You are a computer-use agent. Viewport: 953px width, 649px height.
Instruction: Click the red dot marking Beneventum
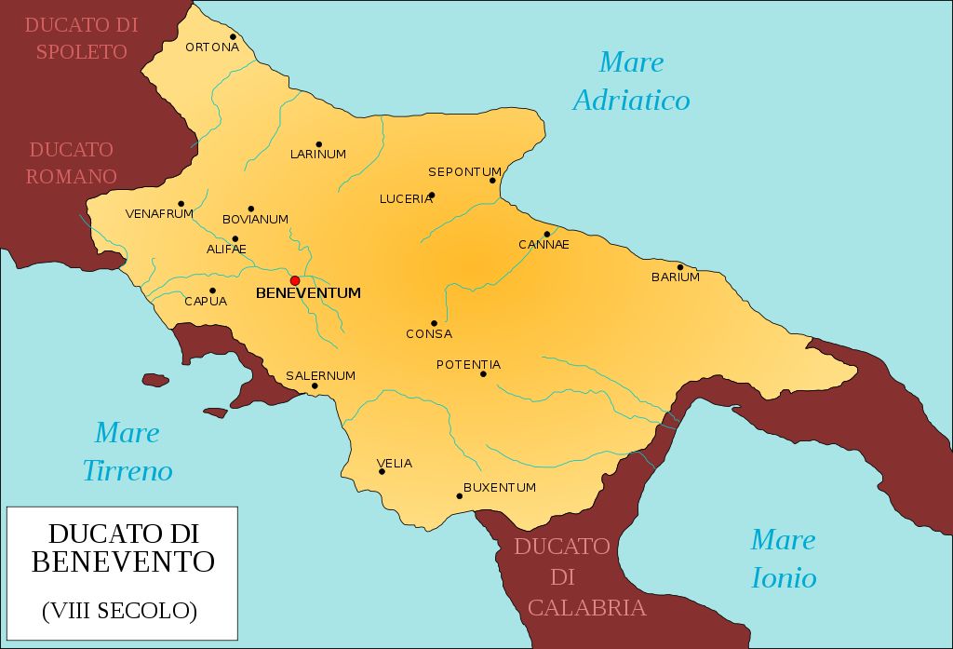click(295, 280)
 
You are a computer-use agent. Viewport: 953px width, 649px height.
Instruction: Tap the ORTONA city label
click(212, 47)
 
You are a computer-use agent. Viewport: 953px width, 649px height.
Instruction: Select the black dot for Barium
click(680, 267)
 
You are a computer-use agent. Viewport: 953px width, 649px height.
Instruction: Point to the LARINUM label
click(317, 155)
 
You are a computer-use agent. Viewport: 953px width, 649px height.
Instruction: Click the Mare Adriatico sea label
click(631, 81)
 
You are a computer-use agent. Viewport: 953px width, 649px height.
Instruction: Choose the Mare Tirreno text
click(128, 452)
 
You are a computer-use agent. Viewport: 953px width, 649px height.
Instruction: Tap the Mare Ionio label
click(783, 559)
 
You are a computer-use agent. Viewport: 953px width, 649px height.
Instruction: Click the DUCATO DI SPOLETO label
click(81, 38)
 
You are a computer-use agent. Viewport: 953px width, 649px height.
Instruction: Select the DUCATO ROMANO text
click(72, 163)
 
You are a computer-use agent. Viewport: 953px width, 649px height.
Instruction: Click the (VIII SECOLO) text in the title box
click(119, 612)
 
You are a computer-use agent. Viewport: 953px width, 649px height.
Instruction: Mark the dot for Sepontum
click(492, 181)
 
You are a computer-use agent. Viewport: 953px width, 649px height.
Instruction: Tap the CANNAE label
click(544, 245)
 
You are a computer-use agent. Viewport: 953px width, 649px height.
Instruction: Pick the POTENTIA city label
click(468, 365)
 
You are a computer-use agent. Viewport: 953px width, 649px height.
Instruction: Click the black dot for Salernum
click(315, 385)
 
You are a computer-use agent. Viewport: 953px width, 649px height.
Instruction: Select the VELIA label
click(395, 464)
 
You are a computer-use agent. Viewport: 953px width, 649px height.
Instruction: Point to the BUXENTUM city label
click(500, 488)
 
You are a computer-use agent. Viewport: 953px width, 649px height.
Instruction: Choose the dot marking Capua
click(212, 291)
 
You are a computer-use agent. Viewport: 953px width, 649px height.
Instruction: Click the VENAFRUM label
click(159, 214)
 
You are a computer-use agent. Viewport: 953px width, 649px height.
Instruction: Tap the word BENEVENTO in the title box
click(123, 561)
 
